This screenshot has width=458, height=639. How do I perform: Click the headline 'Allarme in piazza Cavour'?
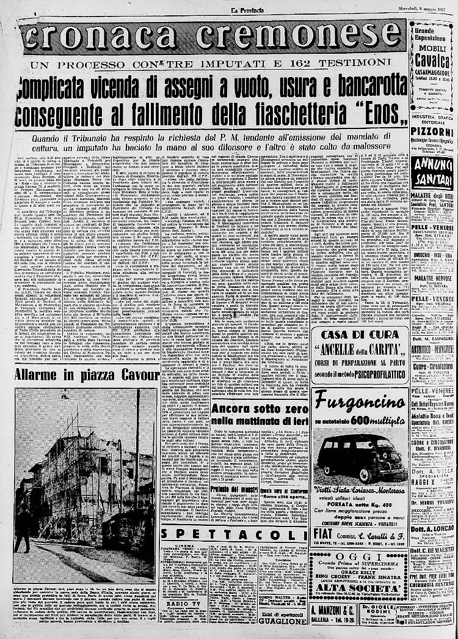87,374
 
